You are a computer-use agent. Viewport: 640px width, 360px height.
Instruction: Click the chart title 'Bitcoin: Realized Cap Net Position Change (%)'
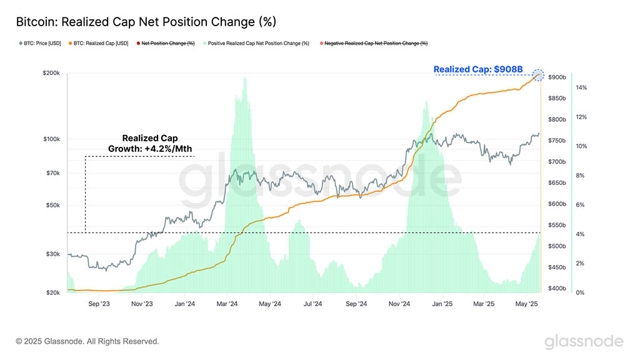pos(146,22)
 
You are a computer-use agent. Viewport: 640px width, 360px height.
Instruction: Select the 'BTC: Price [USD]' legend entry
pos(40,43)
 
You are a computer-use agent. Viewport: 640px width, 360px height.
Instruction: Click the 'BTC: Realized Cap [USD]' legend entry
pos(98,43)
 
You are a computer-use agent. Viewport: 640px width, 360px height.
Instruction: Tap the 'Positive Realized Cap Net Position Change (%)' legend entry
pos(256,43)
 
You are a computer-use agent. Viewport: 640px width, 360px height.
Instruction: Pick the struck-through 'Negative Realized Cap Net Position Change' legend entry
pos(374,43)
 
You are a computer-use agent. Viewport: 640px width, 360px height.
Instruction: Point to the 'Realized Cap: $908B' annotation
pos(478,69)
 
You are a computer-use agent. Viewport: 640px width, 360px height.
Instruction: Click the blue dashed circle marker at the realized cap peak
pos(538,75)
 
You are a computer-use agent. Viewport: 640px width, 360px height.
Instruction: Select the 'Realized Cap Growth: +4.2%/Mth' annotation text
pos(150,144)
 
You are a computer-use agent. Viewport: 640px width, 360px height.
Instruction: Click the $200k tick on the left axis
pos(51,73)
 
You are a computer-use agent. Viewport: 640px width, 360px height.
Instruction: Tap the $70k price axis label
pos(53,173)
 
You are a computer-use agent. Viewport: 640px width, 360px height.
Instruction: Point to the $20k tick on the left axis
pos(53,292)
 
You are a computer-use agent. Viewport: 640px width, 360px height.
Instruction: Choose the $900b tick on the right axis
pos(557,77)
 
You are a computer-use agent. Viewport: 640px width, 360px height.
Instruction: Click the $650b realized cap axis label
pos(557,183)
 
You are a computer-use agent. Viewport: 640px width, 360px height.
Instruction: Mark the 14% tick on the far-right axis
pos(581,87)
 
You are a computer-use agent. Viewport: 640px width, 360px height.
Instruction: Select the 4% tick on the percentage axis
pos(580,234)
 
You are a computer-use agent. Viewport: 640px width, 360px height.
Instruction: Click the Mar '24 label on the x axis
pos(227,304)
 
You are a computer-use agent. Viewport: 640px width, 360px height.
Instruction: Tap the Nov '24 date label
pos(399,304)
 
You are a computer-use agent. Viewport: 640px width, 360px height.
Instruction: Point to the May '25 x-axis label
pos(527,304)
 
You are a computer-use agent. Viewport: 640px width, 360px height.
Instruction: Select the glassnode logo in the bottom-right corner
pos(584,341)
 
